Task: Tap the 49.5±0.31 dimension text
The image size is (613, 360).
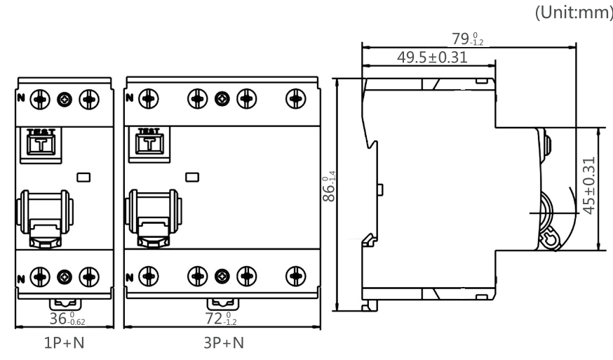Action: click(432, 57)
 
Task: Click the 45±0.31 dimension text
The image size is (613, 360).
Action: click(590, 185)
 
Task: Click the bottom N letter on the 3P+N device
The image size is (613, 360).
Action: click(128, 275)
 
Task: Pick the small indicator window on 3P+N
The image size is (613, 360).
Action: click(190, 176)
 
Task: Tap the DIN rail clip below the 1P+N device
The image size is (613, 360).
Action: click(64, 305)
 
